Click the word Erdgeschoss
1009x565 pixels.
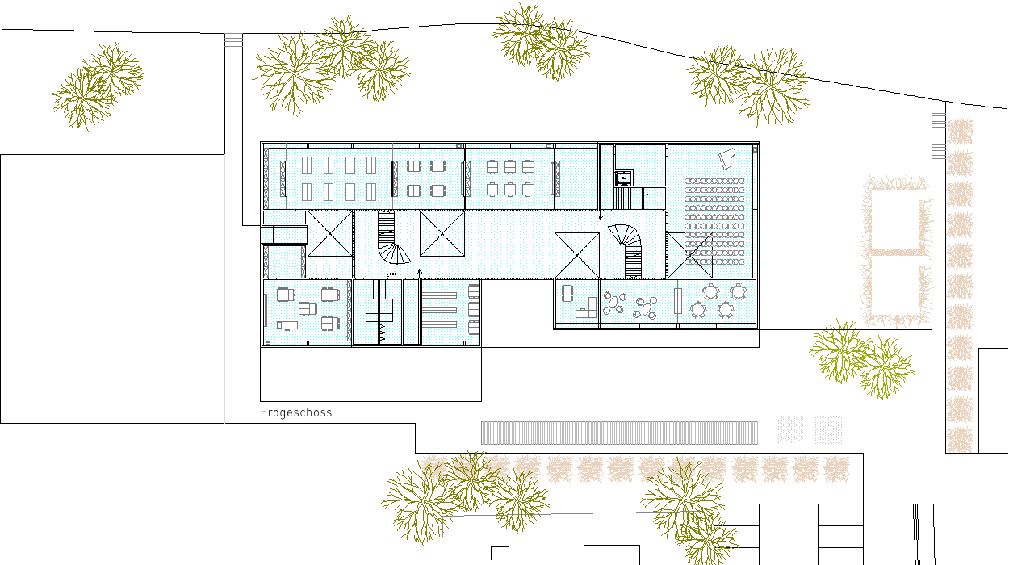tap(296, 412)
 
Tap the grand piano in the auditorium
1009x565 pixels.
tap(726, 158)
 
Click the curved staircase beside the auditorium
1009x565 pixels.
tap(627, 250)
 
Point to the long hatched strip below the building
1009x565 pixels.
tap(619, 433)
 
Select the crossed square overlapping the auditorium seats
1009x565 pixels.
tap(689, 255)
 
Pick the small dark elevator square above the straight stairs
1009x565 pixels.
tap(624, 178)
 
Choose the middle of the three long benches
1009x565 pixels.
tap(439, 310)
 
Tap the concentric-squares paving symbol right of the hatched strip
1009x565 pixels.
tap(828, 430)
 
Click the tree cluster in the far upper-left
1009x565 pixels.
tap(97, 86)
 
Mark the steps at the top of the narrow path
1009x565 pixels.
tap(233, 40)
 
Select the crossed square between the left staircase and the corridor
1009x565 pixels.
tap(442, 234)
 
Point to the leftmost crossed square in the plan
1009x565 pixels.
tap(330, 234)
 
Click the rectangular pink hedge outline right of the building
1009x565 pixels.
tap(896, 251)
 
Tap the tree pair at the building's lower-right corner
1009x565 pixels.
tap(861, 359)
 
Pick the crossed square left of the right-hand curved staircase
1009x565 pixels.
tap(577, 255)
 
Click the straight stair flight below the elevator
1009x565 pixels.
tap(622, 199)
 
